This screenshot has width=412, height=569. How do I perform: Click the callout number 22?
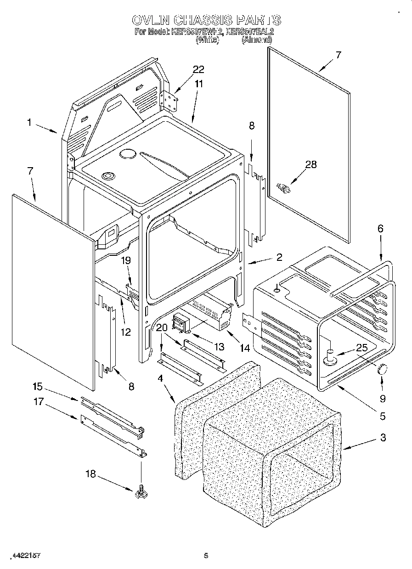point(198,69)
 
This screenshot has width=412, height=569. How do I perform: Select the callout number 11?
point(198,84)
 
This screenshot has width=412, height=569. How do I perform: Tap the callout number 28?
point(311,164)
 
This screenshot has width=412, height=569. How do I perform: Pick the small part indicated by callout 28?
point(284,187)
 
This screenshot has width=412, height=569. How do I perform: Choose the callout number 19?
point(126,260)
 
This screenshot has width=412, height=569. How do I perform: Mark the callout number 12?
point(126,332)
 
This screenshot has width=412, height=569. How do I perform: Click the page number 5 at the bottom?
point(206,555)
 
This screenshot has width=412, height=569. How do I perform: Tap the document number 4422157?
point(26,555)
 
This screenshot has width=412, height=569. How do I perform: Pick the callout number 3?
point(383,438)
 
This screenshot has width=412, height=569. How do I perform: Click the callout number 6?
point(380,229)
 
